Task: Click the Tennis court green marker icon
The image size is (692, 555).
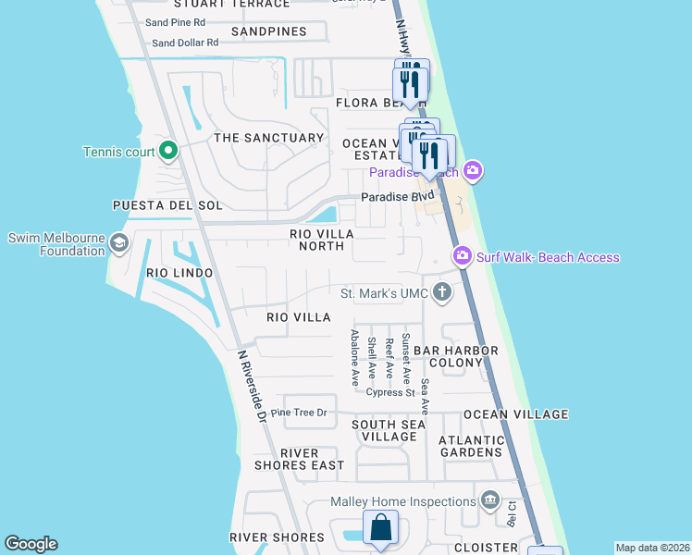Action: click(x=168, y=150)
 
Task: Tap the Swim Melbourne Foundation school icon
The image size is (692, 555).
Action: click(x=119, y=243)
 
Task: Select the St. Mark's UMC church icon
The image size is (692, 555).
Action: click(x=442, y=293)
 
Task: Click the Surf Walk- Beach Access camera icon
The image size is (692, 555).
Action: click(x=462, y=254)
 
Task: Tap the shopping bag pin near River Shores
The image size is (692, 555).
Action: click(x=380, y=530)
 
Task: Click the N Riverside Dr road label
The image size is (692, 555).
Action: click(x=252, y=386)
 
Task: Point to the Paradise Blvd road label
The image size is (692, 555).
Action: click(x=397, y=197)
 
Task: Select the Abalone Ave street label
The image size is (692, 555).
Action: click(x=354, y=358)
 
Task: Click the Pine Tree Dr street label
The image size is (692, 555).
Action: click(x=299, y=413)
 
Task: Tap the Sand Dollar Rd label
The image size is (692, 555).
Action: click(x=185, y=43)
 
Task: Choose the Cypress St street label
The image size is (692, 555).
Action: click(x=389, y=392)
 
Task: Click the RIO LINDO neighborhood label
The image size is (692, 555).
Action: click(x=179, y=273)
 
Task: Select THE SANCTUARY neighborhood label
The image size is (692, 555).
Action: click(x=269, y=138)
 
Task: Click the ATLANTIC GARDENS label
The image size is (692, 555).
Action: click(x=471, y=446)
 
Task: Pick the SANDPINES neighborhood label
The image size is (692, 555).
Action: click(x=268, y=31)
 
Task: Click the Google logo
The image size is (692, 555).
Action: click(x=31, y=544)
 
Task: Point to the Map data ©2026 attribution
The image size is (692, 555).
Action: click(x=652, y=548)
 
